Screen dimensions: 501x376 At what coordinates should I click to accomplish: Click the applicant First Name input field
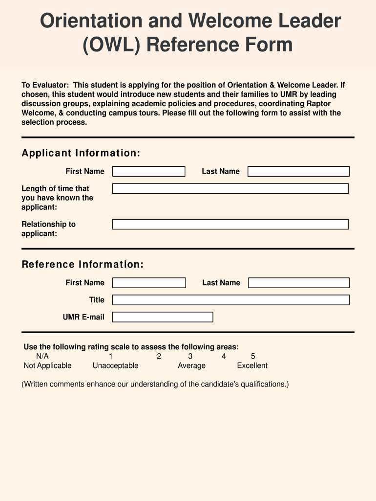[x=148, y=171]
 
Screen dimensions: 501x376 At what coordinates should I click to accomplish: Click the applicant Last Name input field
[x=298, y=171]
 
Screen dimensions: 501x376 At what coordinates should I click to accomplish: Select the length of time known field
[x=230, y=188]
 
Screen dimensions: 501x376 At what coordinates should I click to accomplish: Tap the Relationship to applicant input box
[x=230, y=224]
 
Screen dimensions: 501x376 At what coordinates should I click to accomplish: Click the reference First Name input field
[x=149, y=283]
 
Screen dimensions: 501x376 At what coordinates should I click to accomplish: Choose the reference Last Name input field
[x=299, y=283]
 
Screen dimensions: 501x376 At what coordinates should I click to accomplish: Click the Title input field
[x=230, y=300]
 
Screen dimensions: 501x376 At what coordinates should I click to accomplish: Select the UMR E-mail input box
[x=163, y=317]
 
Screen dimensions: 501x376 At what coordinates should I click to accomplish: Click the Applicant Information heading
[x=81, y=154]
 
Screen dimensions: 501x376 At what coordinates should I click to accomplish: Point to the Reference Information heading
[x=83, y=265]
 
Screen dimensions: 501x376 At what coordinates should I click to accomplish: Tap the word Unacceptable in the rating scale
[x=115, y=365]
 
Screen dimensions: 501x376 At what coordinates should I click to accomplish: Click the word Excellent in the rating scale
[x=252, y=365]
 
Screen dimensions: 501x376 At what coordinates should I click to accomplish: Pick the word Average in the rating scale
[x=191, y=365]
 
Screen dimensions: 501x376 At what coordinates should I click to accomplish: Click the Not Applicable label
[x=47, y=365]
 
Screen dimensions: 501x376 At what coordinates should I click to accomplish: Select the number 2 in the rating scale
[x=159, y=356]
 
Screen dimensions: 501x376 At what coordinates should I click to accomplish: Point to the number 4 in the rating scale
[x=224, y=356]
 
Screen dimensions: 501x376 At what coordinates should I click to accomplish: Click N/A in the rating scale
[x=42, y=356]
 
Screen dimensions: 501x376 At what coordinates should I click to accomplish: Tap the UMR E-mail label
[x=84, y=317]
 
